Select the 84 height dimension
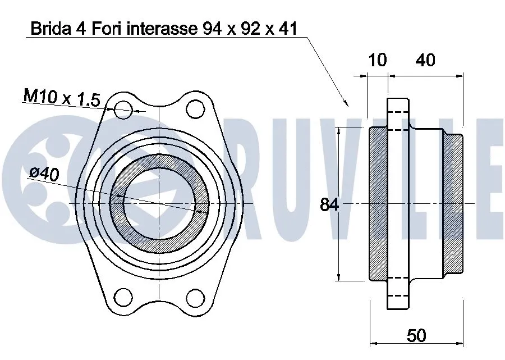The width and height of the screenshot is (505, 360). (x=329, y=205)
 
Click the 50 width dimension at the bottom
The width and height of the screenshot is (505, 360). (x=416, y=335)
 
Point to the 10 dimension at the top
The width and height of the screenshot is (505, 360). (x=378, y=60)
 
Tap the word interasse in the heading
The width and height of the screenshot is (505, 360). (x=155, y=29)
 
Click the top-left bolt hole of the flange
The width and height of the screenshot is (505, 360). (x=123, y=110)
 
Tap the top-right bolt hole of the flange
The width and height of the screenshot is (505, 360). (x=195, y=109)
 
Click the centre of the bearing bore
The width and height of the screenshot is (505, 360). (x=159, y=203)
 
